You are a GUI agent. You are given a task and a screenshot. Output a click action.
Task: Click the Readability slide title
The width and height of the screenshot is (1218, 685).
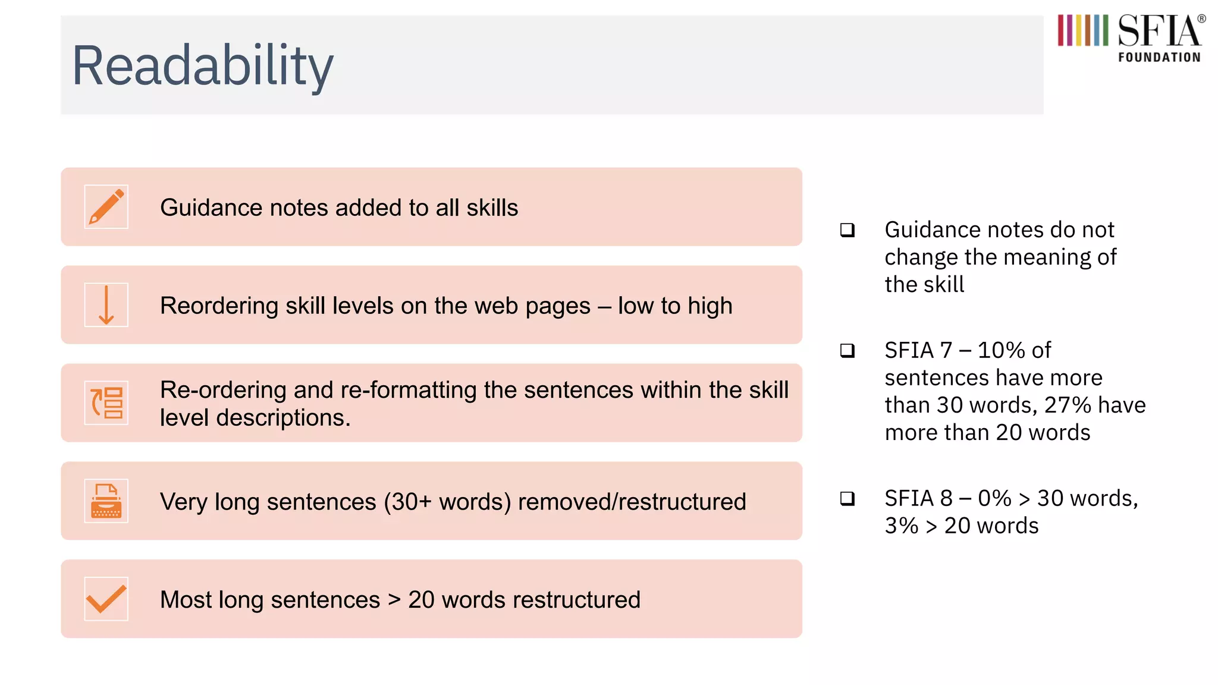click(x=202, y=65)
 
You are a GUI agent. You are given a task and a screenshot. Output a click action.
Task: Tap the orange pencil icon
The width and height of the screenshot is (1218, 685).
click(x=106, y=207)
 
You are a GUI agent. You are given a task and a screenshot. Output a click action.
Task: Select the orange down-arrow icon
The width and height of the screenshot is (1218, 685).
click(x=106, y=305)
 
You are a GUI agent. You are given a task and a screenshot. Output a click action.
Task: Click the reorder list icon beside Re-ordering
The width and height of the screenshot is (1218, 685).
click(x=106, y=403)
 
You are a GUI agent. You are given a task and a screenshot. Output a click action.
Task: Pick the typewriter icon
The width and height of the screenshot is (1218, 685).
click(x=106, y=501)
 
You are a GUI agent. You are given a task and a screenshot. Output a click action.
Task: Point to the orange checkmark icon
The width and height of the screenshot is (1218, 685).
click(x=106, y=599)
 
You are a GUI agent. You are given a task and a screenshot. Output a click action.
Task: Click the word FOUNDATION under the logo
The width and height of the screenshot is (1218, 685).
click(x=1159, y=58)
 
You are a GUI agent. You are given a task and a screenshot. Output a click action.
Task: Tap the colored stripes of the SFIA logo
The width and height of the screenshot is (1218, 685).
click(x=1082, y=30)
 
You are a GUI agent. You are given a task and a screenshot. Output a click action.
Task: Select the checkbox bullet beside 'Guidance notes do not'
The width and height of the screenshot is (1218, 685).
click(x=847, y=230)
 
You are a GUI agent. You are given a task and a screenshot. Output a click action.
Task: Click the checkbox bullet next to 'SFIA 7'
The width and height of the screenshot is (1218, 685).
click(x=847, y=351)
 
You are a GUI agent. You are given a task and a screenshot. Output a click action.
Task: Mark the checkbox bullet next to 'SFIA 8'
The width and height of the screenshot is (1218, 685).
click(x=847, y=498)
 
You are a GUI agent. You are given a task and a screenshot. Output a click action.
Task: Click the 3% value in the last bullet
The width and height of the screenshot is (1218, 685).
click(x=901, y=526)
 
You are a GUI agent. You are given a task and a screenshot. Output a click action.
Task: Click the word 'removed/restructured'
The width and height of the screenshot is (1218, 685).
click(x=632, y=502)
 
